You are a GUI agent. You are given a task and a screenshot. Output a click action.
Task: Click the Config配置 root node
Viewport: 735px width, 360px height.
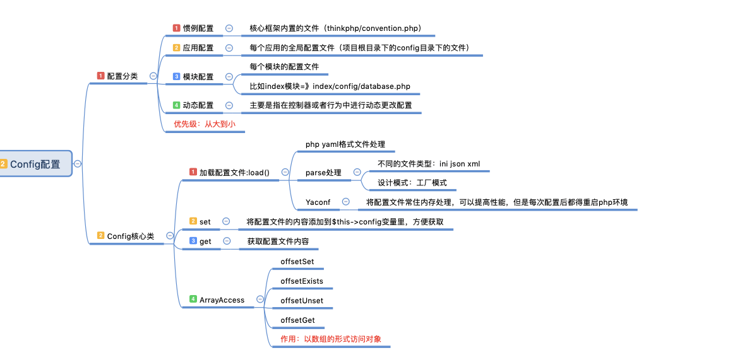pyautogui.click(x=35, y=164)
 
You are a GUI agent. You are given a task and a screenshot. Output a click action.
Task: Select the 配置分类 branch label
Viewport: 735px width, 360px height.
pyautogui.click(x=122, y=76)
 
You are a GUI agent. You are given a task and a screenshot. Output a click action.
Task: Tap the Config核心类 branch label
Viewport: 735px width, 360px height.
pyautogui.click(x=130, y=236)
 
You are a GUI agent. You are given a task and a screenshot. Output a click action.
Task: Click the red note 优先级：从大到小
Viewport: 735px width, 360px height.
pyautogui.click(x=205, y=124)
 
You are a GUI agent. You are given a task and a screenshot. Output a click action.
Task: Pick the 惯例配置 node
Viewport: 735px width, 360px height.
pyautogui.click(x=198, y=28)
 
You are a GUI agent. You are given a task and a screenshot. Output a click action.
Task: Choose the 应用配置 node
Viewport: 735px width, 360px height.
pyautogui.click(x=198, y=48)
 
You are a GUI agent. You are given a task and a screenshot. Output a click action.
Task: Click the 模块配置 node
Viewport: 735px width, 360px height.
pyautogui.click(x=198, y=77)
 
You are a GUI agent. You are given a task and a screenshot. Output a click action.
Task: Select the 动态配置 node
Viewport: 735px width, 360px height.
pyautogui.click(x=198, y=105)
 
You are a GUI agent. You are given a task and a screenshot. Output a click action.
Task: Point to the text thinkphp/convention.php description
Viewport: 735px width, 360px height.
pyautogui.click(x=335, y=28)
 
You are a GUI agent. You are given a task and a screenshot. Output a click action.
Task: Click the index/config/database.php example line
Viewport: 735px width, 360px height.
pyautogui.click(x=334, y=86)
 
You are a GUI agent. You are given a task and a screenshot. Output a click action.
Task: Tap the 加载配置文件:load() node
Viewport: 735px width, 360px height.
pyautogui.click(x=234, y=172)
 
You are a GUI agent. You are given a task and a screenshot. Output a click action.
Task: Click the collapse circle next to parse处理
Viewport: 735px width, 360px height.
pyautogui.click(x=357, y=172)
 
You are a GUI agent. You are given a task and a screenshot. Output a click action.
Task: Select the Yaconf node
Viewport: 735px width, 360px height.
pyautogui.click(x=318, y=202)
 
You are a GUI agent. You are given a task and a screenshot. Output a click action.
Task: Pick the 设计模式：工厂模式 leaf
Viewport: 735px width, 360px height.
pyautogui.click(x=412, y=183)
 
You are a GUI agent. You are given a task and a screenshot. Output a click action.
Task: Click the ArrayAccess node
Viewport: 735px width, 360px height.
pyautogui.click(x=222, y=300)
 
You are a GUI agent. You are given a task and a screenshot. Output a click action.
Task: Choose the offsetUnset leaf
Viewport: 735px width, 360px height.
pyautogui.click(x=302, y=301)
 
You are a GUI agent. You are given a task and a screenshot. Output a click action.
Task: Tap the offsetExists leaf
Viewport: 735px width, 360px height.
pyautogui.click(x=302, y=281)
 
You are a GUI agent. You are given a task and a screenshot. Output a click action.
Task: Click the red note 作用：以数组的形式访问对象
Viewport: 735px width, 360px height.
pyautogui.click(x=331, y=339)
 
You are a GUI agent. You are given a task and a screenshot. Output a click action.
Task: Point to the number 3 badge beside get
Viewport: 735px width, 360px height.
pyautogui.click(x=193, y=241)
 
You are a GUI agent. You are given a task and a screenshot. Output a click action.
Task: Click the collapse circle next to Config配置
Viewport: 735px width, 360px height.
pyautogui.click(x=78, y=164)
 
